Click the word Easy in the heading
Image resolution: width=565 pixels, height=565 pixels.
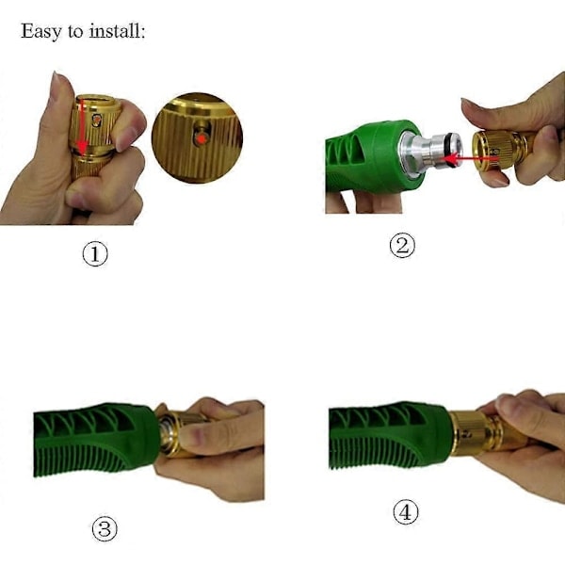(x=41, y=31)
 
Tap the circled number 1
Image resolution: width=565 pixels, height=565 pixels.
(x=95, y=254)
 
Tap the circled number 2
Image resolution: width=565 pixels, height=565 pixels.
(x=402, y=246)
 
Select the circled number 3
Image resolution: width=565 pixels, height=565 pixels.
(x=105, y=529)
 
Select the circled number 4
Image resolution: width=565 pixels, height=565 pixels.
(x=406, y=512)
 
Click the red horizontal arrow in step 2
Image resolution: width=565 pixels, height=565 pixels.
(x=470, y=158)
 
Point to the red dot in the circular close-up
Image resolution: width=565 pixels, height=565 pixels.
(x=202, y=138)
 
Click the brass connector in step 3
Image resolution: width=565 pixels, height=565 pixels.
(x=177, y=433)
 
